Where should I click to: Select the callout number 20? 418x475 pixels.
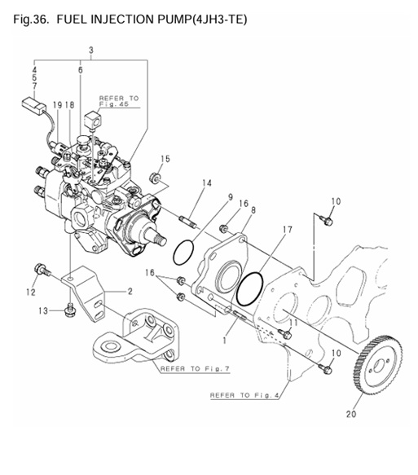coord(351,414)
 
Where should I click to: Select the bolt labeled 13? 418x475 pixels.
coord(69,309)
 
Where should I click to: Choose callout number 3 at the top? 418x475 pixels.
coord(90,51)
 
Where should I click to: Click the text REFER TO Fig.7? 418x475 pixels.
coord(196,368)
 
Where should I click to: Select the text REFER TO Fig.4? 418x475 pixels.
coord(245,395)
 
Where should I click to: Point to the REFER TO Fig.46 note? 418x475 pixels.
coord(119,102)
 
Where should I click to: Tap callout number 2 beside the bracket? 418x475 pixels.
coord(130,290)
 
